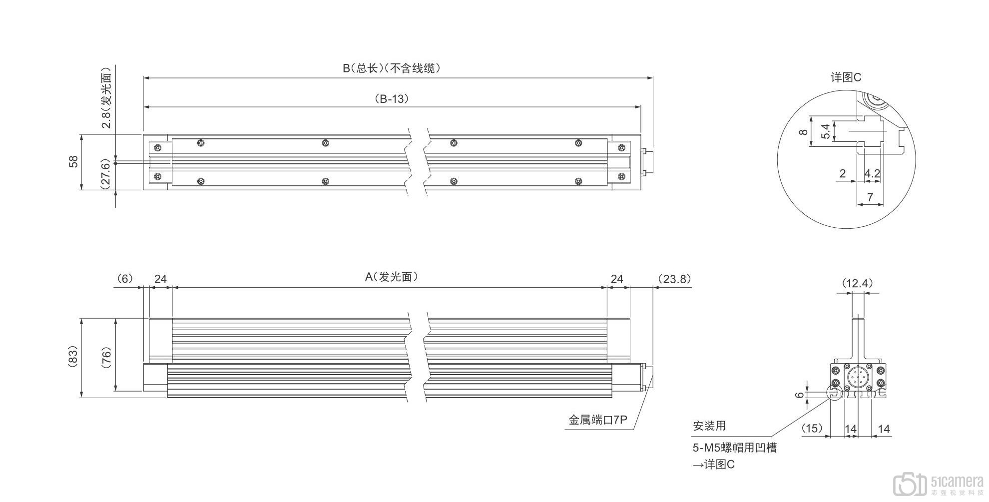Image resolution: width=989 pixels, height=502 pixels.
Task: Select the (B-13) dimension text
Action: [x=392, y=99]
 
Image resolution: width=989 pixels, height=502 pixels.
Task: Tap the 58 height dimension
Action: [x=73, y=162]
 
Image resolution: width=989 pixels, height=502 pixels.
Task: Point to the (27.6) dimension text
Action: [x=105, y=174]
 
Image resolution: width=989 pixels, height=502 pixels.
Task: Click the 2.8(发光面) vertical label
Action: [x=105, y=97]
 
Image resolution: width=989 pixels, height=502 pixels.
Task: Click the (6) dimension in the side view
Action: [x=124, y=279]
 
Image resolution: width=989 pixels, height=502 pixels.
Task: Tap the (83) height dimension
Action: [x=73, y=358]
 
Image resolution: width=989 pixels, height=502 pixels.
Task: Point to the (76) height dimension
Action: [x=106, y=358]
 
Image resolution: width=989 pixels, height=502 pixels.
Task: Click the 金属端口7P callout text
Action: [x=597, y=420]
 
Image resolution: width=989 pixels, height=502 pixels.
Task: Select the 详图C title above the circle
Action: [x=846, y=77]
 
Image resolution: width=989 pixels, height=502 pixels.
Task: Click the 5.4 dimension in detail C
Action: [x=826, y=131]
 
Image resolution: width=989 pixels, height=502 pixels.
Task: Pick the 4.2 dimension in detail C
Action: [x=872, y=174]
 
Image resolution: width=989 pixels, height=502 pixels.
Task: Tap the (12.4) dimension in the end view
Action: [x=858, y=284]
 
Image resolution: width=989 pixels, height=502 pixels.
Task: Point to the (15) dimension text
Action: [x=812, y=429]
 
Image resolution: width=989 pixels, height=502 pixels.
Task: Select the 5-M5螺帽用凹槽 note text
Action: [x=734, y=448]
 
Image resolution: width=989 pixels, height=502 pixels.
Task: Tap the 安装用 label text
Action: [x=709, y=426]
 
